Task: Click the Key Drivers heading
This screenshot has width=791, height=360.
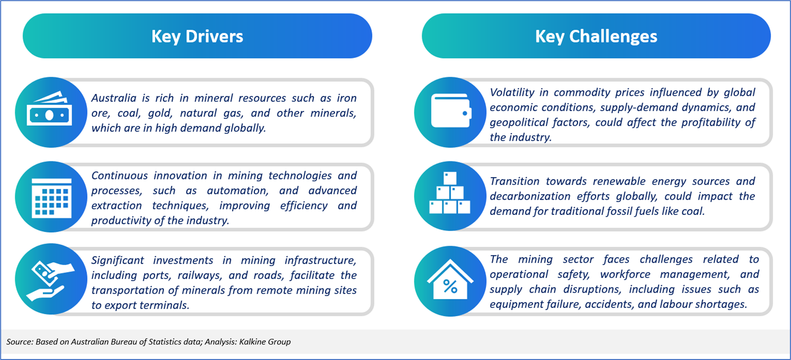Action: click(x=197, y=36)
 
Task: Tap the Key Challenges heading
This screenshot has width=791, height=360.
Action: click(x=596, y=36)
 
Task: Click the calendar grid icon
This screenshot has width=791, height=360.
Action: click(x=52, y=198)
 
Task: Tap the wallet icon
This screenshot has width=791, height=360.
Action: click(x=451, y=111)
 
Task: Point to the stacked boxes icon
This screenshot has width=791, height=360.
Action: click(x=450, y=193)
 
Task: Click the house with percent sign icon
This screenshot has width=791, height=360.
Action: click(x=450, y=279)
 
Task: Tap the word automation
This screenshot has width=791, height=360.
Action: click(x=237, y=191)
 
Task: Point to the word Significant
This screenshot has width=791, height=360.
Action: click(x=118, y=261)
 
